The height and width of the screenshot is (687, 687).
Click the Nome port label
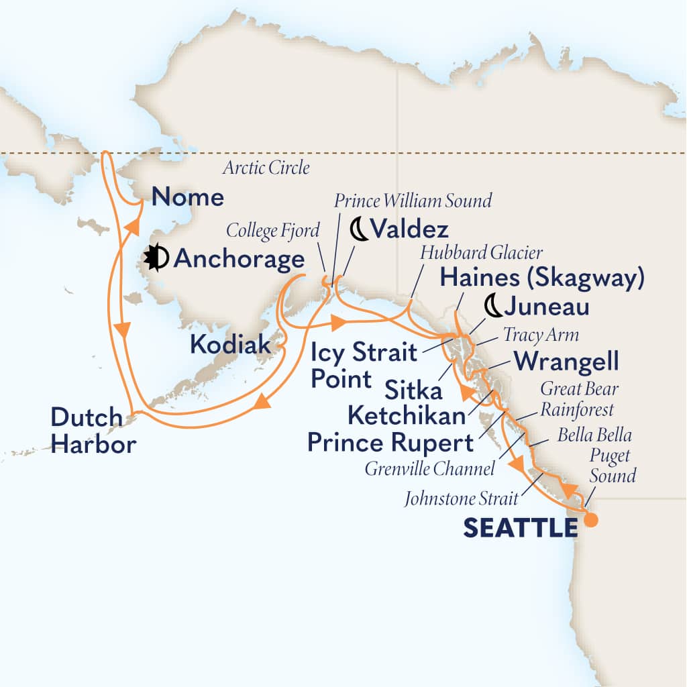(188, 197)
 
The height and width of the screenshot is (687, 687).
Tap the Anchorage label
(238, 259)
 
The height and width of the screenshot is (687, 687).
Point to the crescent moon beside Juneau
(493, 307)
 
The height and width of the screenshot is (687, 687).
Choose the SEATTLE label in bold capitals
(520, 529)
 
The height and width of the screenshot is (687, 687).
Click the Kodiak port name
(231, 345)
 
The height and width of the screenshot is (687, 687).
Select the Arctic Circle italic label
(268, 168)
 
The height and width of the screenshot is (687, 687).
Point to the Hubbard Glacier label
(480, 252)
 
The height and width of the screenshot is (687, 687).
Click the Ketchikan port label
(407, 416)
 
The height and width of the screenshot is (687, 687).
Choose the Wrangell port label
(565, 362)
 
